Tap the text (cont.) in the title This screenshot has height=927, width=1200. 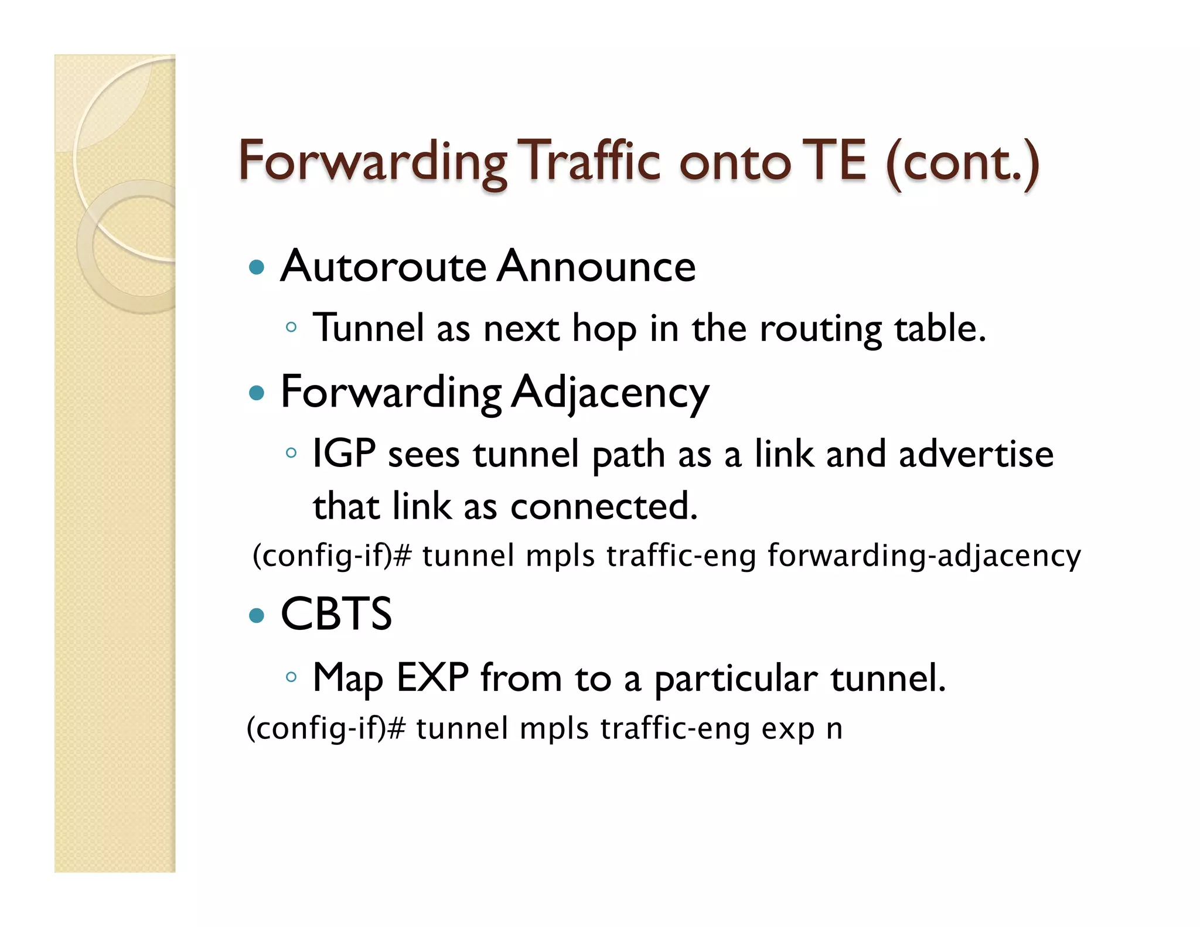click(x=962, y=162)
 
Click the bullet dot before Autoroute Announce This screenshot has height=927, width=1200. click(x=257, y=268)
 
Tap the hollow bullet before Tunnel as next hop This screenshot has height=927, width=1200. click(x=291, y=328)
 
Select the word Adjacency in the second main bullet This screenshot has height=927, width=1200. click(x=610, y=393)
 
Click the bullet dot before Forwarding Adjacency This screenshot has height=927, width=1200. click(x=257, y=392)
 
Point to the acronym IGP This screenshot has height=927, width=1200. click(x=344, y=454)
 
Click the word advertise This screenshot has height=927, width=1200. click(x=976, y=454)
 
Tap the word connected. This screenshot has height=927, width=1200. click(x=604, y=507)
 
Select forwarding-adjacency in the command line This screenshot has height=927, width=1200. click(x=923, y=556)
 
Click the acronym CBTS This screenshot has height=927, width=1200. click(x=336, y=614)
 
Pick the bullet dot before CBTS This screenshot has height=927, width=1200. click(x=257, y=615)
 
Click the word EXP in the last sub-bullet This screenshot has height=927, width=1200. click(x=432, y=678)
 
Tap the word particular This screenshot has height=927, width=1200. click(x=735, y=680)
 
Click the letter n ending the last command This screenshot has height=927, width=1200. click(x=834, y=730)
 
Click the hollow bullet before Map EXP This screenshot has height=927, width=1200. click(x=291, y=677)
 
